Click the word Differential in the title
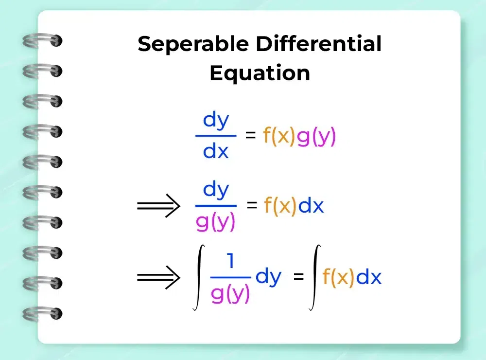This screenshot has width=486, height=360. tap(319, 43)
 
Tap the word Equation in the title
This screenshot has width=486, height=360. tap(260, 74)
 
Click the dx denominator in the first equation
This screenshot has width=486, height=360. tap(216, 151)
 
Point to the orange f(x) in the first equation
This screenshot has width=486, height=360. tap(279, 136)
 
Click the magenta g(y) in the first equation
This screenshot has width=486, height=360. tap(316, 137)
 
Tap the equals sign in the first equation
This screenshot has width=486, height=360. tap(250, 135)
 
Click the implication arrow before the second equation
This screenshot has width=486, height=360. tap(158, 205)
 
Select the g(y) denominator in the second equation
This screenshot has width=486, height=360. tap(215, 222)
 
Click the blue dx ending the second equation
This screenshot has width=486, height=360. tap(311, 205)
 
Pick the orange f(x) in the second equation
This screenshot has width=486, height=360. tap(280, 205)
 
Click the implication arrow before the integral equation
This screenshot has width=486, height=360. tap(158, 277)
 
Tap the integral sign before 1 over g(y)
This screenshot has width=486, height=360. tap(199, 277)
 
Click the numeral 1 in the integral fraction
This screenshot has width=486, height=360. tap(230, 260)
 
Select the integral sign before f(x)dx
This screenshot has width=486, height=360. tap(315, 277)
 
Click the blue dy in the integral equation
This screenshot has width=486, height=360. tap(268, 276)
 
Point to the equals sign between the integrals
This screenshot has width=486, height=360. tap(298, 276)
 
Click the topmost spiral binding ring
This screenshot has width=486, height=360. tap(42, 41)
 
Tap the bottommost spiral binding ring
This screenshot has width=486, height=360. tap(42, 313)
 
